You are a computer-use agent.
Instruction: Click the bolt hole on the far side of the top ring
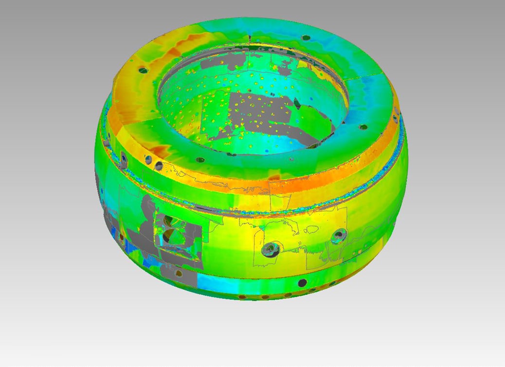click(x=306, y=37)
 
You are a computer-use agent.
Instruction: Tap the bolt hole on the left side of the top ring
click(x=143, y=70)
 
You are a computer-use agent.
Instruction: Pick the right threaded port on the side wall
click(x=338, y=237)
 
